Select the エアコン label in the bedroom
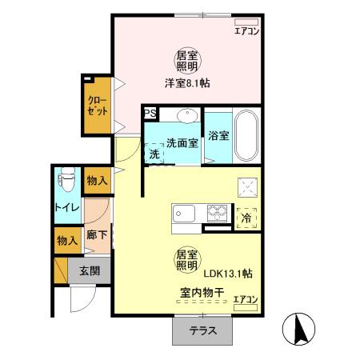[246, 32]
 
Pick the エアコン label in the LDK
[246, 300]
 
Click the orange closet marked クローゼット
[97, 104]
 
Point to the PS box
[150, 114]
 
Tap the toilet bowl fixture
[67, 180]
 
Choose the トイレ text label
[65, 209]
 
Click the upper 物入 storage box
[96, 182]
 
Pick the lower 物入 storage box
[66, 240]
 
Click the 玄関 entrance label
[89, 271]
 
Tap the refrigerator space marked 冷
[246, 216]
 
